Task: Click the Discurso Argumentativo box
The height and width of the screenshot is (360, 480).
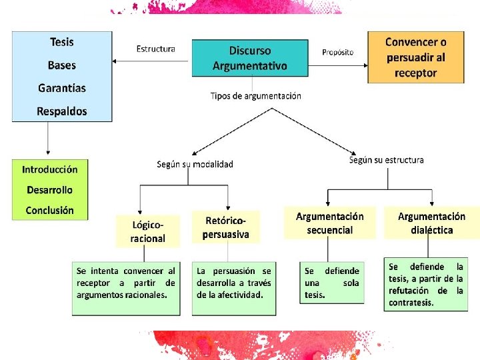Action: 250,58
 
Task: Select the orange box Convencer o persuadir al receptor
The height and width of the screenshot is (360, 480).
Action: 416,57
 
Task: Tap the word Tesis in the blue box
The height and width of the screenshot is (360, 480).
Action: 62,42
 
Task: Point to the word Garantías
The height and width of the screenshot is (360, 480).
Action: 62,88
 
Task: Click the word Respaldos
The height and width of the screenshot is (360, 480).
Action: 62,111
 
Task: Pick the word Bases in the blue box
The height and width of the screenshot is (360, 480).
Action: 62,65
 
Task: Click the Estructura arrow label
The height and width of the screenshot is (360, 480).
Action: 156,49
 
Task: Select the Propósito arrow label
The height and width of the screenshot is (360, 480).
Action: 338,52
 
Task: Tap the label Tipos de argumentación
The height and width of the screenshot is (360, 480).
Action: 256,96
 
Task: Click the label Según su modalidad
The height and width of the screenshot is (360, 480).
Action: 195,164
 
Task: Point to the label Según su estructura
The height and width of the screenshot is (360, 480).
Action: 387,160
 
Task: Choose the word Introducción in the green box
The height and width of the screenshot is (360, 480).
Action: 50,169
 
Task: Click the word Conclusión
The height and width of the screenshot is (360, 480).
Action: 50,210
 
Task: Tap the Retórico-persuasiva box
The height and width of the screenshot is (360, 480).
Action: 226,227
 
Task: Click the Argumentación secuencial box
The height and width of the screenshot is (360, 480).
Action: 330,223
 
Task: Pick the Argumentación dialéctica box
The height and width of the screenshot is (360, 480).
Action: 431,223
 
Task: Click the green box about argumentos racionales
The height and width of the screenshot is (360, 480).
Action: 126,288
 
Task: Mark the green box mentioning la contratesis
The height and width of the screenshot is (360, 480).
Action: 426,285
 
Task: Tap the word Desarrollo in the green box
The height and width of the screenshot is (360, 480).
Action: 50,190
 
